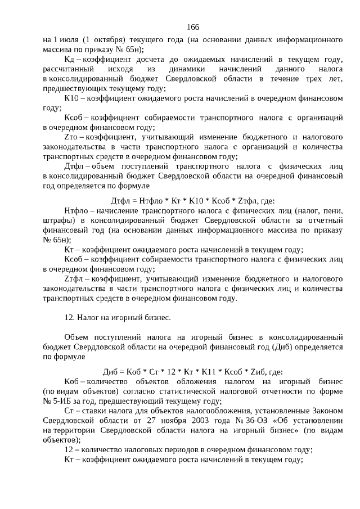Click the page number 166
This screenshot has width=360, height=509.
(193, 27)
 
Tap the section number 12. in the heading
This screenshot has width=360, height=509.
(70, 317)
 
